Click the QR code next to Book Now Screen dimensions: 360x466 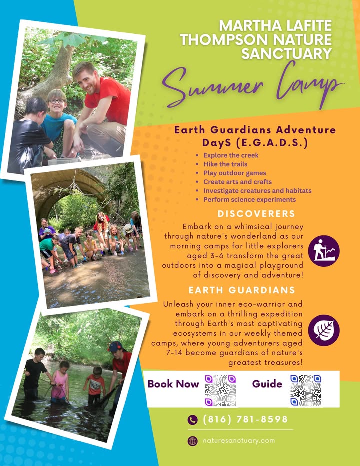[220, 390]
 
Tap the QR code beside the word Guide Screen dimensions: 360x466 [306, 390]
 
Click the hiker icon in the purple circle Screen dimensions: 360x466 [323, 251]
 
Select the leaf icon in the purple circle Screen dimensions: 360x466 [323, 330]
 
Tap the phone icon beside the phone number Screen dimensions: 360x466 [193, 420]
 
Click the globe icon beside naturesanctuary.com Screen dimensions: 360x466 [193, 441]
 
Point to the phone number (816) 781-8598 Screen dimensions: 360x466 [245, 419]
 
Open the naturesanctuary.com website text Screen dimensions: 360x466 [239, 440]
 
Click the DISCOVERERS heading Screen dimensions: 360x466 [256, 214]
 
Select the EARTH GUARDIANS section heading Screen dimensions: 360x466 [242, 290]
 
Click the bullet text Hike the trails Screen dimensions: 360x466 [225, 164]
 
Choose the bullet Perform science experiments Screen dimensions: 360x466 [249, 199]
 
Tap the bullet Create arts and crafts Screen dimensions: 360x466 [238, 182]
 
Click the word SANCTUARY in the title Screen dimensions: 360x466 [286, 54]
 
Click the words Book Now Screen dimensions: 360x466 [173, 384]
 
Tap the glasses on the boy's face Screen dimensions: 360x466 [57, 101]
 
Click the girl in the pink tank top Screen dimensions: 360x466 [60, 382]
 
